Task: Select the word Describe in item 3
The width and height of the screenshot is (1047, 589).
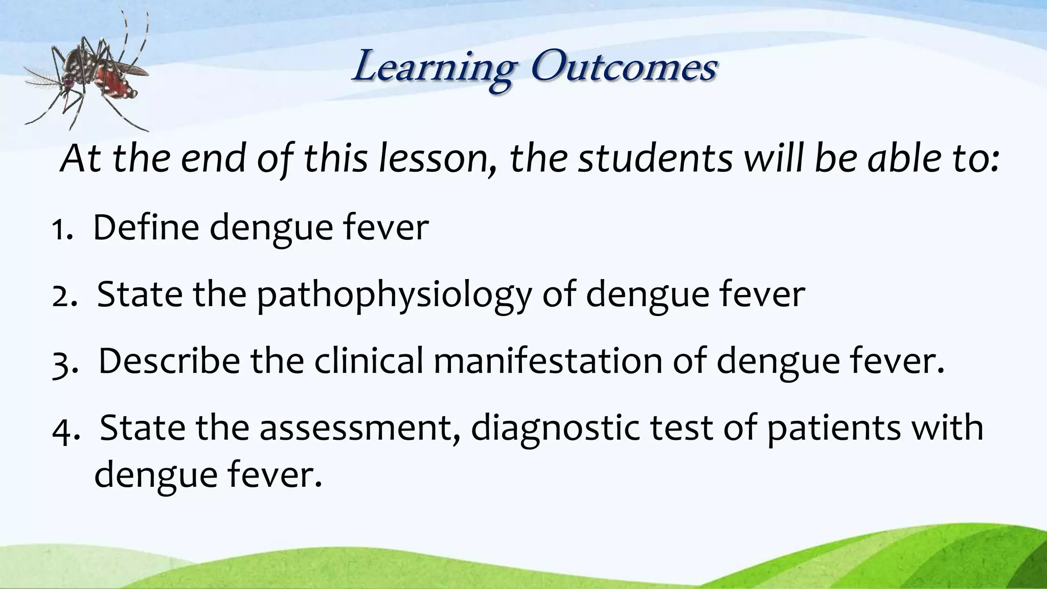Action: click(169, 361)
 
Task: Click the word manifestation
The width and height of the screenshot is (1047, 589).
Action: click(548, 361)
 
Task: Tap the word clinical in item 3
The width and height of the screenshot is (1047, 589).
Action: click(369, 361)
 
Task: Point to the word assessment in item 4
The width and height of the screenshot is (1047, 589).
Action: click(358, 428)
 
